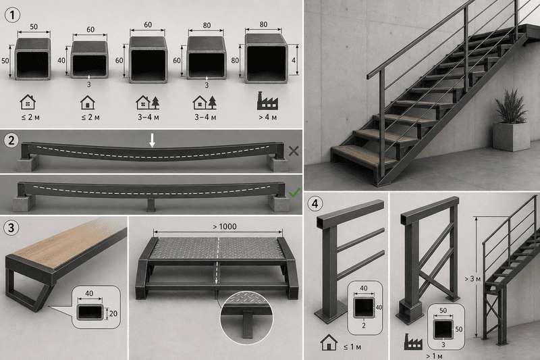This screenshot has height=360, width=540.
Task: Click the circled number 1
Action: [x=13, y=15]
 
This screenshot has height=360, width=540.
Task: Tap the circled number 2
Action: [x=11, y=140]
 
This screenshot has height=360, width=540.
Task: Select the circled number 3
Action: [x=11, y=228]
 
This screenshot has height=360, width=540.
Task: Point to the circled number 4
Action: [x=315, y=203]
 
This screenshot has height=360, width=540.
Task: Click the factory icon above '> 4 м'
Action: [x=267, y=101]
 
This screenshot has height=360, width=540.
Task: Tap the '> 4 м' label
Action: [x=267, y=118]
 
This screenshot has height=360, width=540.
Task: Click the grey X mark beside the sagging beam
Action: [x=294, y=151]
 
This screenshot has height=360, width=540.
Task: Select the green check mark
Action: [x=294, y=192]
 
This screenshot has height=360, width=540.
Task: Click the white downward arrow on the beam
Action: [x=152, y=140]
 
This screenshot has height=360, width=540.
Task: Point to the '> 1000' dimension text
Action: [x=225, y=227]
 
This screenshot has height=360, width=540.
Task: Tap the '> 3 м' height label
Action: [x=472, y=279]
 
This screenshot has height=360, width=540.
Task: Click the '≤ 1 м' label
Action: [x=352, y=347]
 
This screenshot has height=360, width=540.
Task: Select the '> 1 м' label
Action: [x=434, y=356]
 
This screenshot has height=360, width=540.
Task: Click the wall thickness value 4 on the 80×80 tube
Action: [x=294, y=60]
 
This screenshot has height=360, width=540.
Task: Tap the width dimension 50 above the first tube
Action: [x=34, y=27]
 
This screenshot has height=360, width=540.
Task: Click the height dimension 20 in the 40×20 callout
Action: [x=113, y=313]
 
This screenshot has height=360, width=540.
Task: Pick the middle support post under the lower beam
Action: [x=151, y=205]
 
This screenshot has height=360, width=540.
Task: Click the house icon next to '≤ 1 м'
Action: [x=329, y=342]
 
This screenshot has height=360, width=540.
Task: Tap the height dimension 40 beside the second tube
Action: [x=61, y=61]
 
